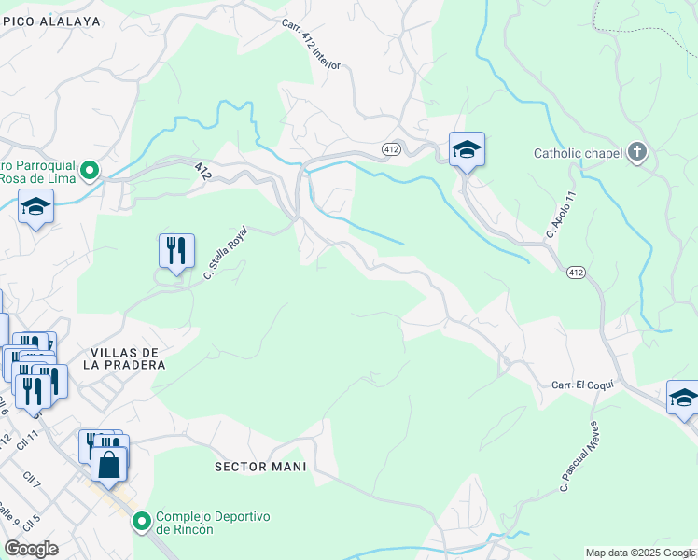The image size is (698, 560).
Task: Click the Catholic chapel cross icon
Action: (637, 153)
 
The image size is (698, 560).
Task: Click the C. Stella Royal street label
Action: (225, 253)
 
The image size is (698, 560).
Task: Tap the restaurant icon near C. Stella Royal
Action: (176, 250)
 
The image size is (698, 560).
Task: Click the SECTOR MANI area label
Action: (260, 466)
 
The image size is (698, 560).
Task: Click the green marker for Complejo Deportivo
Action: (142, 521)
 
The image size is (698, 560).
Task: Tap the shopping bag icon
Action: (108, 464)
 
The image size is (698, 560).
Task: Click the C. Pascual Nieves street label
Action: (579, 456)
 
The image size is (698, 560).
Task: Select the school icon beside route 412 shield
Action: (467, 149)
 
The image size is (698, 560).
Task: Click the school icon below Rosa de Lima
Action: (35, 206)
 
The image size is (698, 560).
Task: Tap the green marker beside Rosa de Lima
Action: (90, 170)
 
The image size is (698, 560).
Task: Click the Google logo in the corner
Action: (31, 549)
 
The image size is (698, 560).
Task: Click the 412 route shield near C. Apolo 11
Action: (575, 272)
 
